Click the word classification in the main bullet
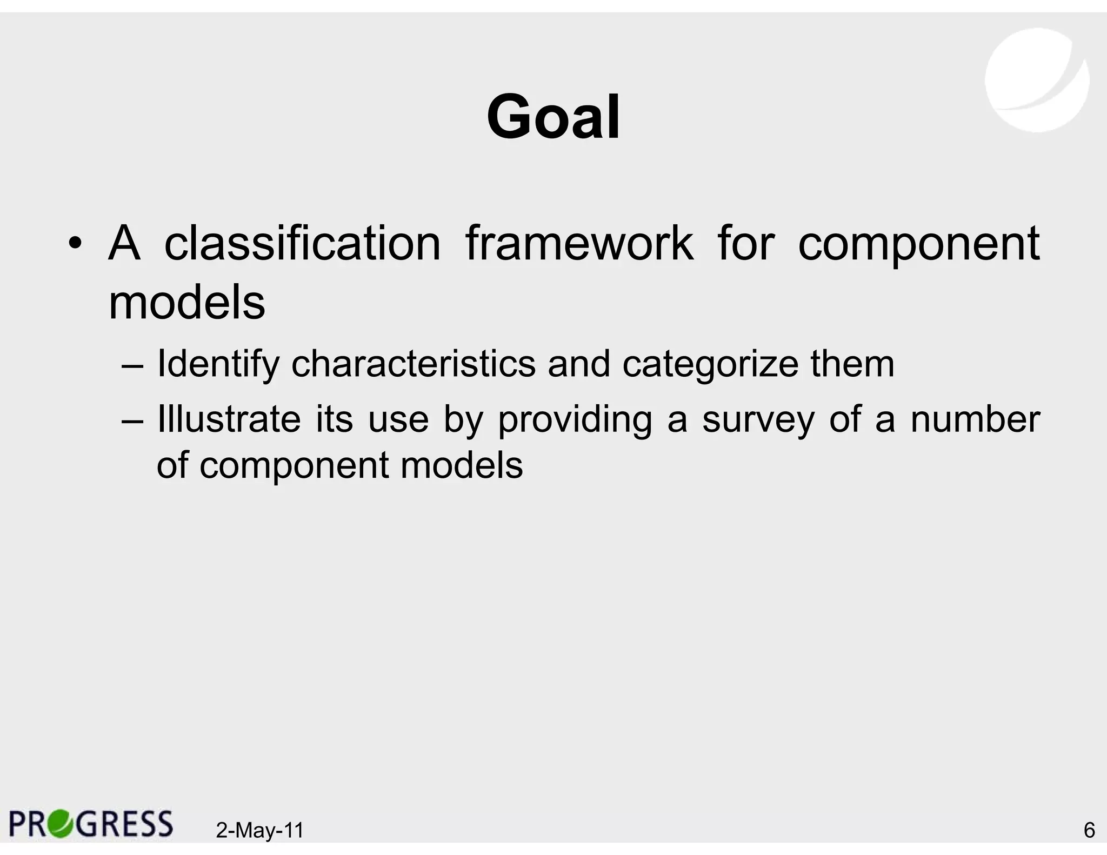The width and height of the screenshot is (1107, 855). [x=302, y=244]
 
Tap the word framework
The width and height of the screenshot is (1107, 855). [x=579, y=244]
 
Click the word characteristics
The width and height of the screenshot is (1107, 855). [x=414, y=364]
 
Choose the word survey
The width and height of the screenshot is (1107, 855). [x=758, y=419]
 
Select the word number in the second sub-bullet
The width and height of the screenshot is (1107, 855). [x=975, y=419]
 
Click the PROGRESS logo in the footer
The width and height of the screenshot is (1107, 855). [x=91, y=824]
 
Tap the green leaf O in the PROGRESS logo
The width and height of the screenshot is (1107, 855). [x=59, y=824]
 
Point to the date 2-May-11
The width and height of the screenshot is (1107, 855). [x=259, y=830]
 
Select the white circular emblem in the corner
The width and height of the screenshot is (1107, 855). [x=1036, y=79]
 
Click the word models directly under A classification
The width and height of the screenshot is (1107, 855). [x=187, y=302]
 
